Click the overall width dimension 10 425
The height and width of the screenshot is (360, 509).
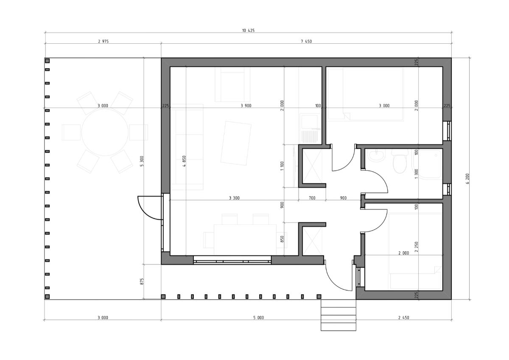[249, 31]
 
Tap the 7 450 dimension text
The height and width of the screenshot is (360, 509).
[306, 41]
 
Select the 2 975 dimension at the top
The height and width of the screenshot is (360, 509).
[103, 41]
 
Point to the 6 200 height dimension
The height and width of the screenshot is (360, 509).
[467, 179]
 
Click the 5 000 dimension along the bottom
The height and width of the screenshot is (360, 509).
[259, 318]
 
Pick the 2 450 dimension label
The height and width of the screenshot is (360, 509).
[403, 318]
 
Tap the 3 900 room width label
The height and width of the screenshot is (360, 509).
[246, 106]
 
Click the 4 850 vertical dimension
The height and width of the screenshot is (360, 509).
[184, 161]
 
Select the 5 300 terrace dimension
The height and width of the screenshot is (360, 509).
[142, 161]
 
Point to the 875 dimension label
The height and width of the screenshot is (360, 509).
[142, 282]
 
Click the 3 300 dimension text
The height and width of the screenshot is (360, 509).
[234, 198]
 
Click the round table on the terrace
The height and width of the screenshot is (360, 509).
[105, 132]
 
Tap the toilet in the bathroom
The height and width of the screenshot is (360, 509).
[400, 161]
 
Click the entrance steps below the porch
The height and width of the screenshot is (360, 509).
[338, 315]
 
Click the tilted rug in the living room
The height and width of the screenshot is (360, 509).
[236, 143]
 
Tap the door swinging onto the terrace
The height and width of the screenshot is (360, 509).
[151, 208]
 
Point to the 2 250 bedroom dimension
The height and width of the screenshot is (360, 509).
[416, 247]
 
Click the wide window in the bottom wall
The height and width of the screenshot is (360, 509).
[232, 260]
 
